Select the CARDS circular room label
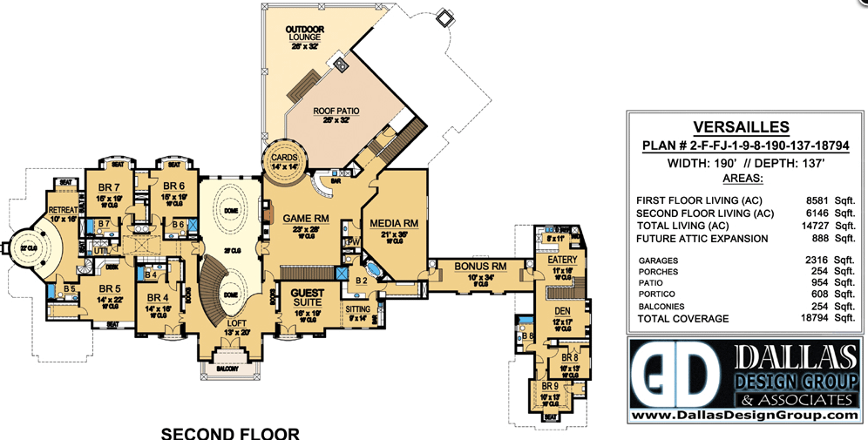coord(287,158)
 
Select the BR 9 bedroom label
coord(550,386)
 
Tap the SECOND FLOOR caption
coord(230,432)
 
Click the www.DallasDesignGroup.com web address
coord(743,416)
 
